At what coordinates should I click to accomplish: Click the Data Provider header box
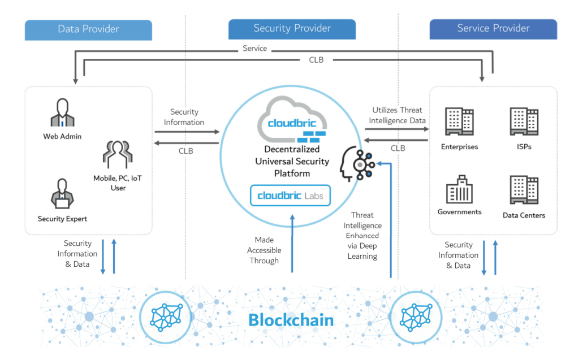88,29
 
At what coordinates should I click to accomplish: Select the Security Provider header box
292,29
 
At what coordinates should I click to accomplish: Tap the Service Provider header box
493,29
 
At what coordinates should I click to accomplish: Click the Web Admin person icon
63,113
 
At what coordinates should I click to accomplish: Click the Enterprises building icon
459,122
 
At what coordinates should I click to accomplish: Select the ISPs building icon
524,122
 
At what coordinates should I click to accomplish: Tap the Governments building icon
459,188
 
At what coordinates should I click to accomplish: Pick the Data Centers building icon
524,190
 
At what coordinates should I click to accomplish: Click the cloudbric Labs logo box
291,196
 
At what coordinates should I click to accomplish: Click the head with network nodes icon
356,164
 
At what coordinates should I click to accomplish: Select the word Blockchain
291,320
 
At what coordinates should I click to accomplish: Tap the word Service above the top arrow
254,49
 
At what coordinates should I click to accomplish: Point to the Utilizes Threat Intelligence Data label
398,115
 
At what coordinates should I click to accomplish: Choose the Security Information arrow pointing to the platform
187,132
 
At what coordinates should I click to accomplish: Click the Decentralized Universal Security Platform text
292,161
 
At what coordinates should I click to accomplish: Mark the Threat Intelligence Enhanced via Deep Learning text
362,236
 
